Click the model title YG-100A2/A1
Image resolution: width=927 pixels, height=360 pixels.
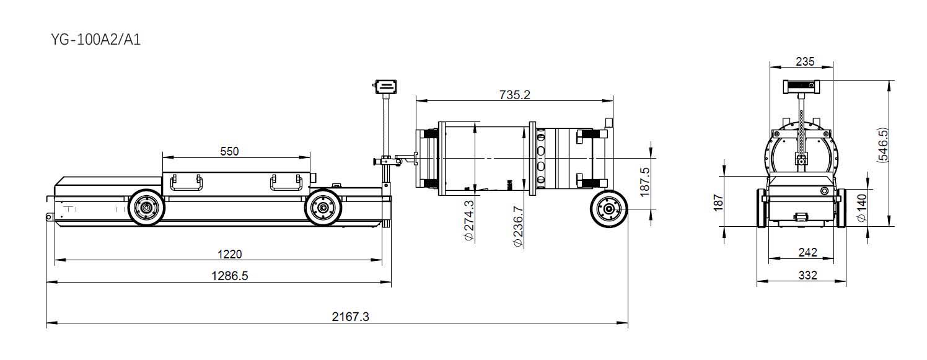[95, 40]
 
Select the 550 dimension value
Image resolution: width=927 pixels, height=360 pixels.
[229, 151]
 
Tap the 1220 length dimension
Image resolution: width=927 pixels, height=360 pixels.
[230, 253]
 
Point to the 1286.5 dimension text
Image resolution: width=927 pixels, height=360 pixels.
[230, 276]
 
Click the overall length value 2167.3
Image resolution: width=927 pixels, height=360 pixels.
[350, 317]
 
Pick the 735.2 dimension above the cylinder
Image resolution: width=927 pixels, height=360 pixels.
[514, 95]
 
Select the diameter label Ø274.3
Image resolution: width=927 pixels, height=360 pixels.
[469, 221]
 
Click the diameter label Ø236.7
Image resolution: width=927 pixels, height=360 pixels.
[517, 227]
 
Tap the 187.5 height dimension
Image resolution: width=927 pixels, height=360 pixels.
[644, 182]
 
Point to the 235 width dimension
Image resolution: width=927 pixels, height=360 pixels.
[805, 62]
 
